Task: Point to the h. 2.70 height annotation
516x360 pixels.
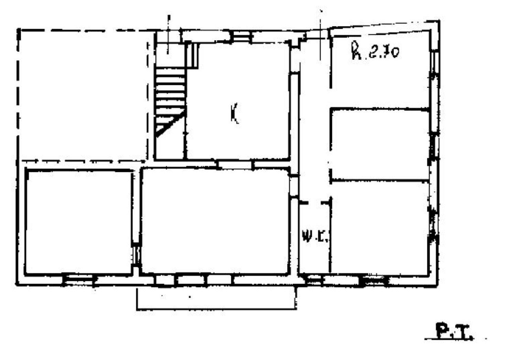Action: [x=375, y=52]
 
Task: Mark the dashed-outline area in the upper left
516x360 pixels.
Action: [x=83, y=95]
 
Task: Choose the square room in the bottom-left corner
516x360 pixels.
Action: [x=79, y=222]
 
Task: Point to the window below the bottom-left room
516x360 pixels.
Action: [x=79, y=279]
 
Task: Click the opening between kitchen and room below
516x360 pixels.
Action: [x=235, y=164]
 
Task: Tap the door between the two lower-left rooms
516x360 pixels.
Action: [x=137, y=254]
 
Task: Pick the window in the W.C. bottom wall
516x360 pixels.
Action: [x=314, y=280]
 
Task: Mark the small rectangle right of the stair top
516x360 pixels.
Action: [x=193, y=55]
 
